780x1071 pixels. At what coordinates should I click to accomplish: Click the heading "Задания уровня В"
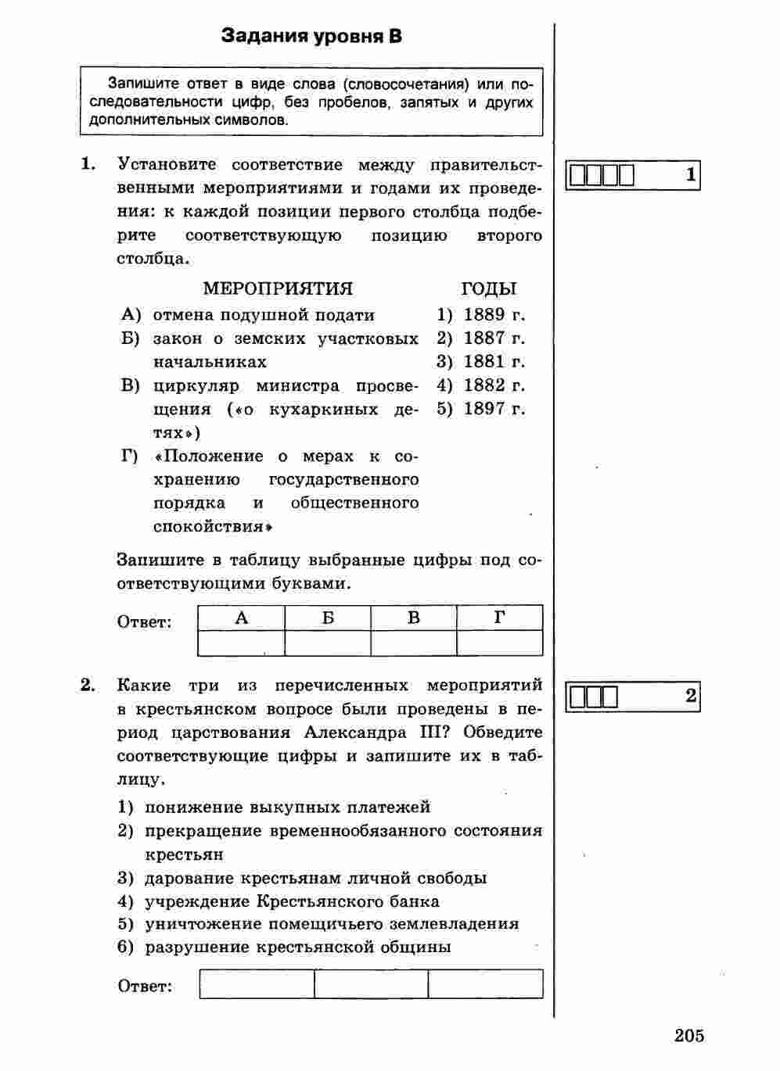311,36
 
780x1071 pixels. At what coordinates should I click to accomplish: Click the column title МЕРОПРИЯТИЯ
278,288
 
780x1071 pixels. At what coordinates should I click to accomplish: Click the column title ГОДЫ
489,288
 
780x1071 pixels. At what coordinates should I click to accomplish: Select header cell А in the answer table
242,618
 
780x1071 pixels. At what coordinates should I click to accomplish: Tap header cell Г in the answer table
499,618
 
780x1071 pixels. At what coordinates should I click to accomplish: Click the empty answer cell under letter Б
328,643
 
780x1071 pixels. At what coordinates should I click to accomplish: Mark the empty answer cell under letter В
414,643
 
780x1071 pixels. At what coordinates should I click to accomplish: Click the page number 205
688,1036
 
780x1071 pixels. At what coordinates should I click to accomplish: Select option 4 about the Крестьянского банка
291,901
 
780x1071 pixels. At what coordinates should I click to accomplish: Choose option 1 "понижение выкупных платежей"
287,807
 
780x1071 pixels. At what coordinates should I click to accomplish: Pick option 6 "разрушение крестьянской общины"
297,947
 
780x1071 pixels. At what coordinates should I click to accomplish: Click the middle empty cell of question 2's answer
371,984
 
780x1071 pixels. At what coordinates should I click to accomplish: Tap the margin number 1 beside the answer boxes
690,175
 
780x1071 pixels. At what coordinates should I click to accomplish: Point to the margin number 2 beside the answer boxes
690,696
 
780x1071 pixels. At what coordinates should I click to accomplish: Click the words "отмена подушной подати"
264,315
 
